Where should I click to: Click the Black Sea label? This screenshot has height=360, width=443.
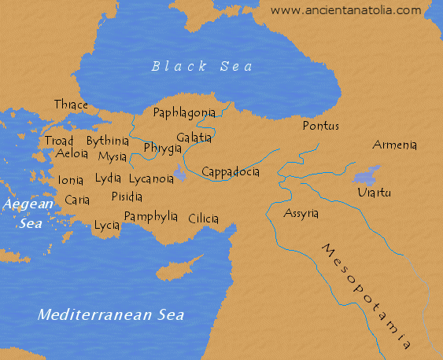[202, 66]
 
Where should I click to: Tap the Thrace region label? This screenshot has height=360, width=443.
[72, 105]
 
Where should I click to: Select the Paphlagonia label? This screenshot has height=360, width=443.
[184, 113]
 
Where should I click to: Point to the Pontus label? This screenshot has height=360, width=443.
[320, 126]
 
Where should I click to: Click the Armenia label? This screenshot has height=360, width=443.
[395, 145]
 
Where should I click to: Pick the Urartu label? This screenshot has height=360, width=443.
[374, 193]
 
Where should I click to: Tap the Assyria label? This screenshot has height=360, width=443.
[301, 214]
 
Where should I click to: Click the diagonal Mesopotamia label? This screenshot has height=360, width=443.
[367, 295]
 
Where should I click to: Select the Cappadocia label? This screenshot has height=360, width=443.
[231, 171]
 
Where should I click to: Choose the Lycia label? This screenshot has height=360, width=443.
[106, 226]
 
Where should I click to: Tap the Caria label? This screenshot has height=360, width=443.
[77, 200]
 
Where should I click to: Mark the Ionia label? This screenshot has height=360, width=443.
[71, 180]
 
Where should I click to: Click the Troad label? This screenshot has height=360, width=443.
[59, 141]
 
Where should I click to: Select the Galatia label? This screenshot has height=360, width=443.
[194, 137]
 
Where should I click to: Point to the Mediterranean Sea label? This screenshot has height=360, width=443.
[111, 315]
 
